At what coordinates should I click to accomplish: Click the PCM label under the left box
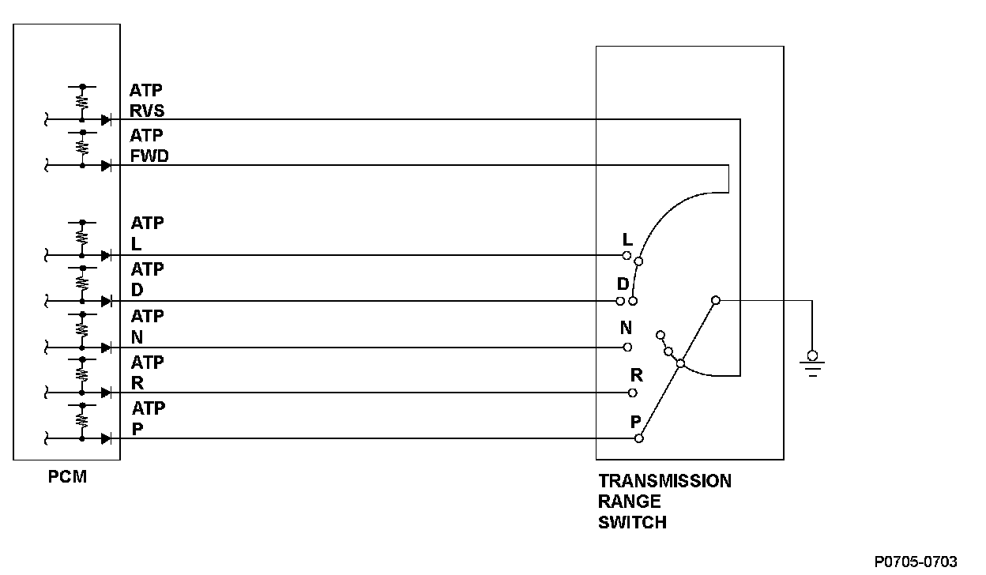coord(66,476)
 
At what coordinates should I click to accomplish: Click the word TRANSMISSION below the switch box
coord(664,481)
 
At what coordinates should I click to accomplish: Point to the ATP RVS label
coord(147,100)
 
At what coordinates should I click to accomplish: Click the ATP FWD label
coord(149,146)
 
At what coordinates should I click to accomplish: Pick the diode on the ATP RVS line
coord(105,120)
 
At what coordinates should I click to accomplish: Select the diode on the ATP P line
coord(105,438)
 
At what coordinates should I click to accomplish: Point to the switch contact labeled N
coord(627,347)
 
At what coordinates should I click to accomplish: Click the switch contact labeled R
coord(633,393)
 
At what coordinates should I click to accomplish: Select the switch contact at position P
coord(639,438)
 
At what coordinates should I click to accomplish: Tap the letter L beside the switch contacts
coord(627,239)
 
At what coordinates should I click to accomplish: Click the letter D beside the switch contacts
coord(623,284)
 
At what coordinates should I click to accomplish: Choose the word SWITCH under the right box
coord(632,522)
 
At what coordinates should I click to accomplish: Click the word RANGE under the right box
coord(629,502)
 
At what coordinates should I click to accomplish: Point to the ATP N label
coord(147,327)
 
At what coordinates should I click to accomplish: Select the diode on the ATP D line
coord(105,301)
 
